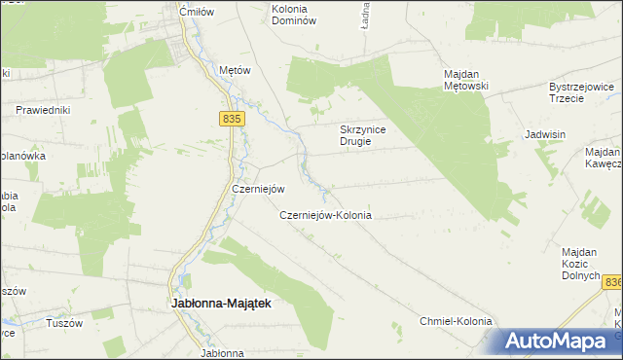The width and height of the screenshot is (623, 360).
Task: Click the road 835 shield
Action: click(x=231, y=118)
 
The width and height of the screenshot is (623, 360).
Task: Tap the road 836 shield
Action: click(x=611, y=282)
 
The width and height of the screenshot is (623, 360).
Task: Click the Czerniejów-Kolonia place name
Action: click(x=326, y=215)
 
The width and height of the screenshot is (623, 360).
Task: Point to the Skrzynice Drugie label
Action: click(x=364, y=134)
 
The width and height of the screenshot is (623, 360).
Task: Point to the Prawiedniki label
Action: click(x=44, y=110)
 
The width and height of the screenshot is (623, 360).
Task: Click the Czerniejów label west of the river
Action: click(x=257, y=189)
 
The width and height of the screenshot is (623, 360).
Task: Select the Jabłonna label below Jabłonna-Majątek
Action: click(x=221, y=353)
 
